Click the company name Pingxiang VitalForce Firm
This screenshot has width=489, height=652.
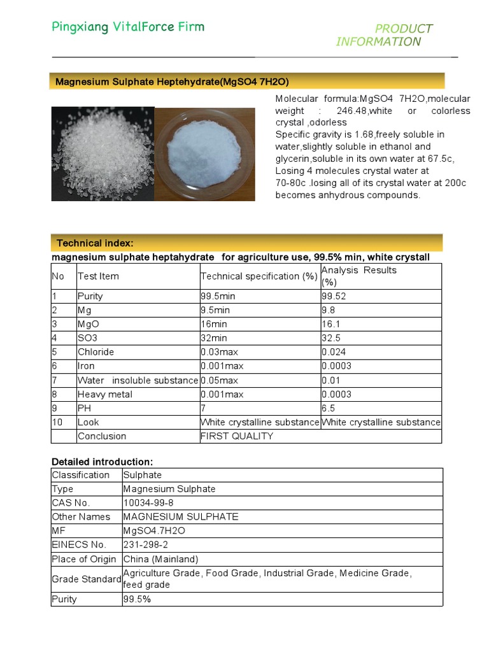tap(128, 27)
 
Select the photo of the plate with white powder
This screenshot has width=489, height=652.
tap(205, 153)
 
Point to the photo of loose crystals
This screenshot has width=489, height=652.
tap(103, 153)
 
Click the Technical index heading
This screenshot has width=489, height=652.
tap(95, 243)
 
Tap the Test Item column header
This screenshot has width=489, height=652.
tap(98, 276)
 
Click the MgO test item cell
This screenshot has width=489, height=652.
tap(89, 324)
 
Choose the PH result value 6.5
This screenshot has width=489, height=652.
tap(329, 408)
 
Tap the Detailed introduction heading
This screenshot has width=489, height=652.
tap(102, 462)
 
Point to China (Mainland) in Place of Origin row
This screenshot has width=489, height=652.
tap(160, 559)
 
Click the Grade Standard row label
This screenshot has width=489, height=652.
tap(87, 579)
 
